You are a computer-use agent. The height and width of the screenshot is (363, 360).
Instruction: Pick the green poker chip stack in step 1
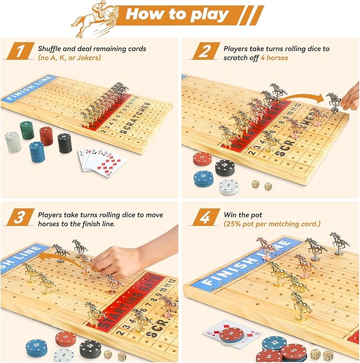tap(27, 130)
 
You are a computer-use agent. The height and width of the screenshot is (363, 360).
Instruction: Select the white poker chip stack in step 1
tap(12, 141)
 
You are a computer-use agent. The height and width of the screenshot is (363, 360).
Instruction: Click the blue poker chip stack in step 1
tap(37, 152)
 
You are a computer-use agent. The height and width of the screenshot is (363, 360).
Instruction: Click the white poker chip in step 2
tap(229, 186)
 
